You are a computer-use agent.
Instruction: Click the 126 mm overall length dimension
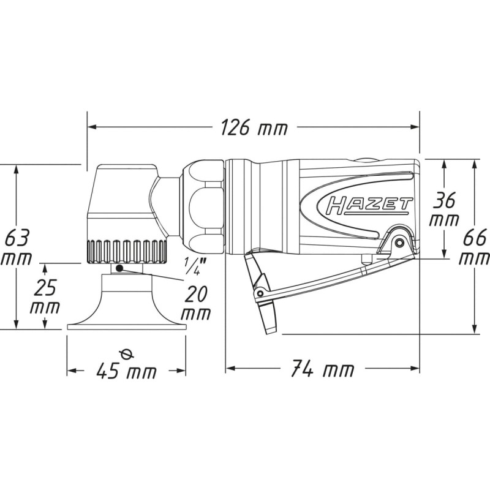pyautogui.click(x=254, y=127)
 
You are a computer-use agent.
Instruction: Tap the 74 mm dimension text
pyautogui.click(x=323, y=369)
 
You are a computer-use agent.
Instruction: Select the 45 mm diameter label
pyautogui.click(x=126, y=371)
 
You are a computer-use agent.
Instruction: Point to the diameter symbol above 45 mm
pyautogui.click(x=127, y=355)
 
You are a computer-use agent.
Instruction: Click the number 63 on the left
pyautogui.click(x=17, y=238)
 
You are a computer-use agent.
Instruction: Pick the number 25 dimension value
pyautogui.click(x=45, y=287)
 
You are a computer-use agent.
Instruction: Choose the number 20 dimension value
pyautogui.click(x=196, y=294)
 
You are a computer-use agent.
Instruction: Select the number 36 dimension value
pyautogui.click(x=445, y=200)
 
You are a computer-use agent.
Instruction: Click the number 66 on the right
pyautogui.click(x=475, y=238)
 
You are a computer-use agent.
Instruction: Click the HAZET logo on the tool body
pyautogui.click(x=369, y=206)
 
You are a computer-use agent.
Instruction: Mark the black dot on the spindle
pyautogui.click(x=119, y=268)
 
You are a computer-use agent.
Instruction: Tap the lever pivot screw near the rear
pyautogui.click(x=399, y=242)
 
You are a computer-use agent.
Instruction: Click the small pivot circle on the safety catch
pyautogui.click(x=259, y=293)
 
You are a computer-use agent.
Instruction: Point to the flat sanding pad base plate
pyautogui.click(x=127, y=327)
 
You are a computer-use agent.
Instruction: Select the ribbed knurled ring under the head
pyautogui.click(x=126, y=251)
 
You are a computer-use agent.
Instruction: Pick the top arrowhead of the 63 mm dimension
pyautogui.click(x=17, y=169)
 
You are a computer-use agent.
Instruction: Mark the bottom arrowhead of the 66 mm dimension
pyautogui.click(x=475, y=329)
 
